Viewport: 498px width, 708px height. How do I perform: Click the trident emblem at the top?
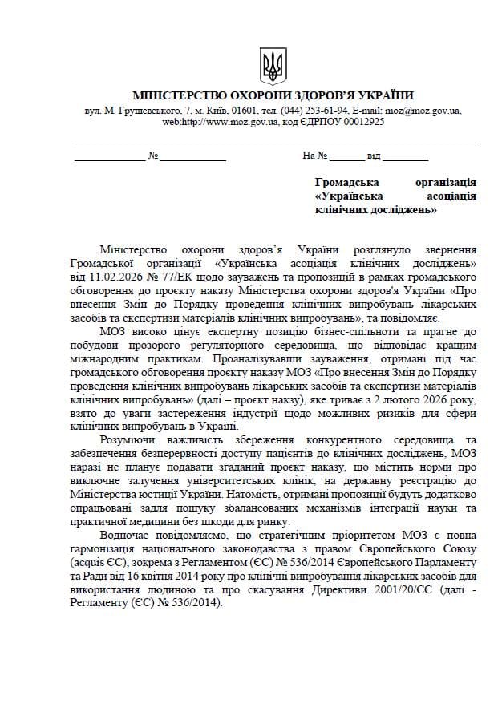(273, 64)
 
